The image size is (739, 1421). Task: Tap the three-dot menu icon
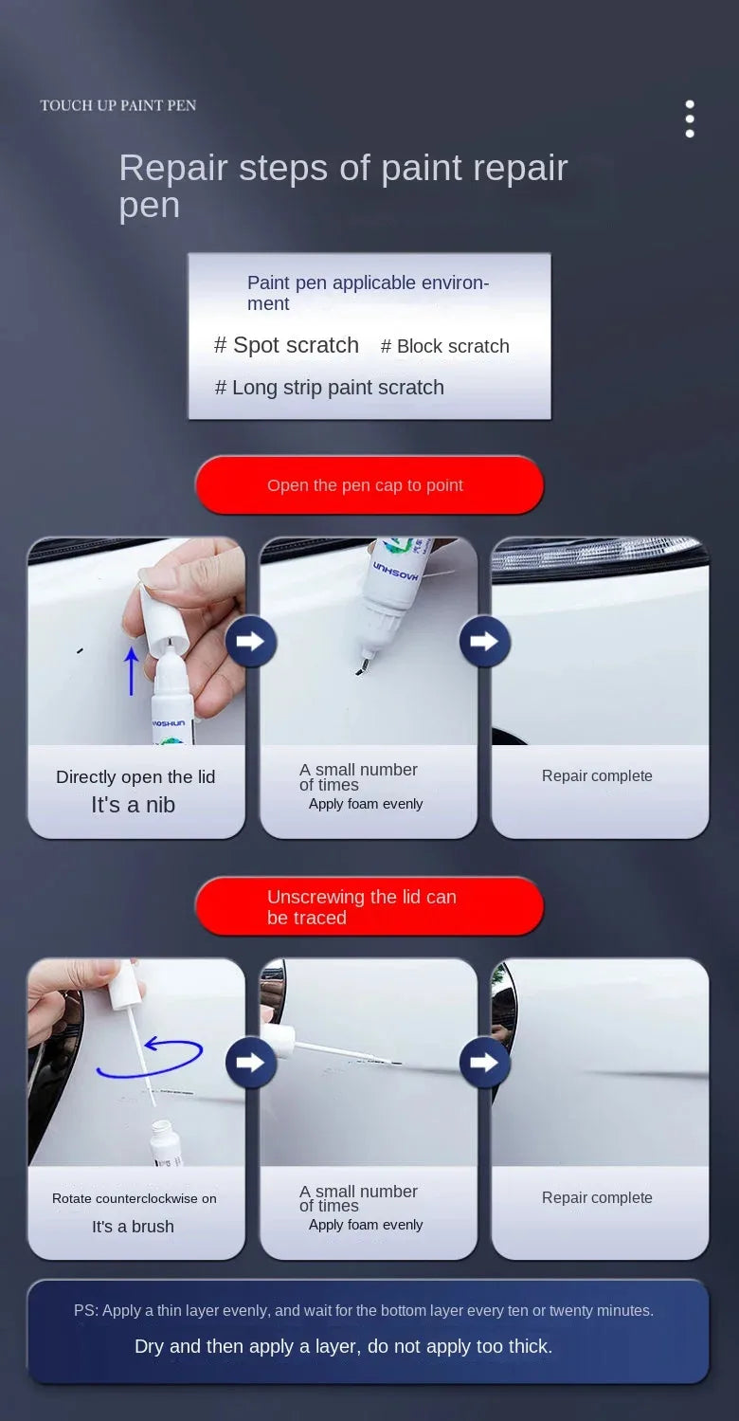point(690,119)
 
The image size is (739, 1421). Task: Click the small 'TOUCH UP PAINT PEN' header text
point(118,105)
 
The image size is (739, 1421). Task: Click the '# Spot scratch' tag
point(286,346)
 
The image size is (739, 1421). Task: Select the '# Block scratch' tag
point(445,347)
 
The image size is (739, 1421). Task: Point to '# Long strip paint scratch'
point(330,388)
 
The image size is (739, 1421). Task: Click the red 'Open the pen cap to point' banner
point(369,485)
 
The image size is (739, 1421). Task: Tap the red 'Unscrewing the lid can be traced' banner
point(369,907)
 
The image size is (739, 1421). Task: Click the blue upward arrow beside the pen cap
point(132,670)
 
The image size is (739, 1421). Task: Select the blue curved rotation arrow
point(152,1058)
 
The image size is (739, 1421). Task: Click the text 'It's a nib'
point(134,805)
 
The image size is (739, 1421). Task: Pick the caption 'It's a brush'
point(134,1227)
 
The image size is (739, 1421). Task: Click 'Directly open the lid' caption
point(135,777)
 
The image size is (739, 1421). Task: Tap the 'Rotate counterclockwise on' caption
point(135,1198)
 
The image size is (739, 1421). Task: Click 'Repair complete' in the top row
point(597,776)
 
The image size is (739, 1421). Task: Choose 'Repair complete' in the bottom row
point(597,1198)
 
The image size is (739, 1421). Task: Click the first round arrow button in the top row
point(251,642)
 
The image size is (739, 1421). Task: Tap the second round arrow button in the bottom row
point(484,1063)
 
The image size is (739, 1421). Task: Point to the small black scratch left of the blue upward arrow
point(80,650)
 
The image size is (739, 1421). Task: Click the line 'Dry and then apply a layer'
point(343,1346)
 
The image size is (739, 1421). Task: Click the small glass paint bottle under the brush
point(166,1142)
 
